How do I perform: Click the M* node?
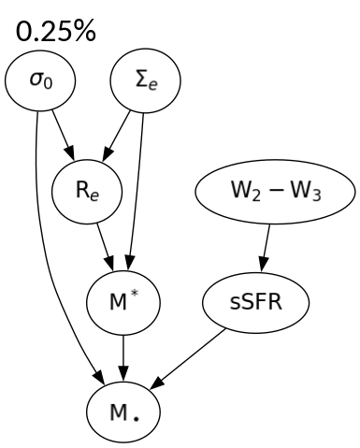123,303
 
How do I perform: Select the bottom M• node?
123,410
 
